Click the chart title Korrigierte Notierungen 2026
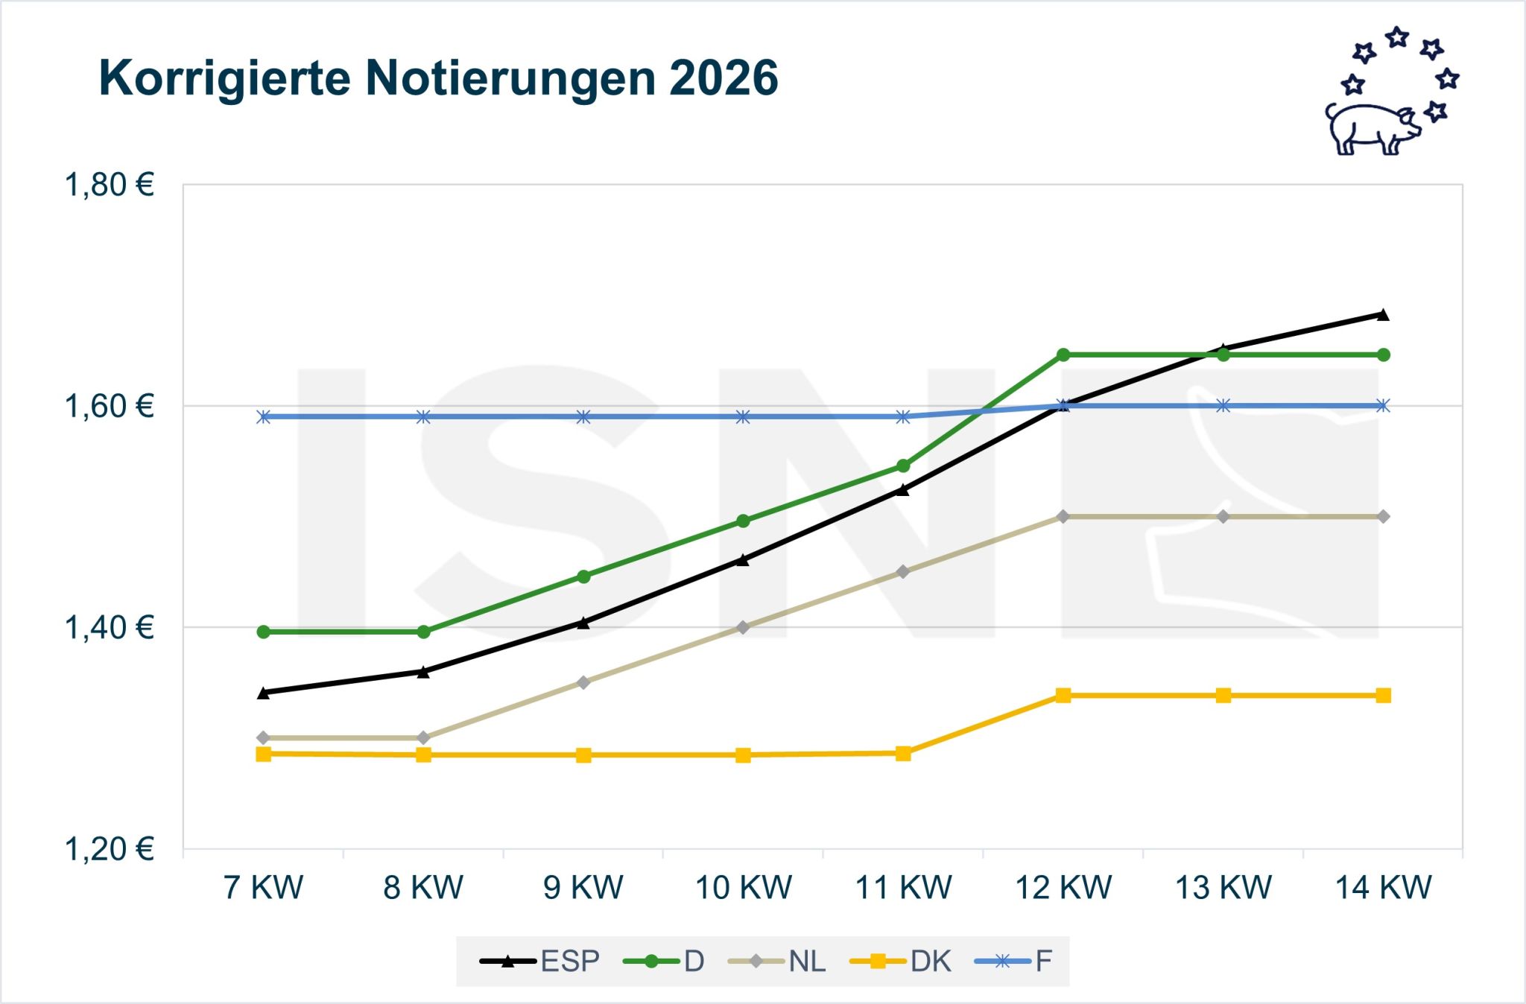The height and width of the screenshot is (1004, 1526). coord(438,77)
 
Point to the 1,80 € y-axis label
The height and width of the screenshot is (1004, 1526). coord(110,185)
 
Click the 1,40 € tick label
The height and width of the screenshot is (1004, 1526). coord(110,628)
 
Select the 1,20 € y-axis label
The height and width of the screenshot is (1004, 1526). coord(110,849)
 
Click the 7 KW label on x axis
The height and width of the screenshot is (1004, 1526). coord(264,888)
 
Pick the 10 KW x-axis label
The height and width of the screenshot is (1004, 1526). coord(743,888)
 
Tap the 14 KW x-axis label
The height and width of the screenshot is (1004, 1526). coord(1383,888)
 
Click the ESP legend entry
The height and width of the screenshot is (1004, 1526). coord(540,961)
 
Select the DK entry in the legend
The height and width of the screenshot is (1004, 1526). coord(901,961)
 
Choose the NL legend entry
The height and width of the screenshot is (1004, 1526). coord(777,961)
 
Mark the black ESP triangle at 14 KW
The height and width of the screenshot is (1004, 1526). coord(1383,315)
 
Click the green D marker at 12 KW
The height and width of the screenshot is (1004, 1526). coord(1063,355)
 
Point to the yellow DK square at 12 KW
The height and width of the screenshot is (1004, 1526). coord(1063,696)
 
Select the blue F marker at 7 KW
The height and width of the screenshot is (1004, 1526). coord(264,416)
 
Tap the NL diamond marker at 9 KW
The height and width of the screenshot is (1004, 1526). coord(583,682)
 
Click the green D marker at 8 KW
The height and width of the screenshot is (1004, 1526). coord(423,632)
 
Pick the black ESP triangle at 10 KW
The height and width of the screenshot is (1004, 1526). coord(743,560)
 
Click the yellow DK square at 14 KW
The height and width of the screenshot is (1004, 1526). coord(1383,696)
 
